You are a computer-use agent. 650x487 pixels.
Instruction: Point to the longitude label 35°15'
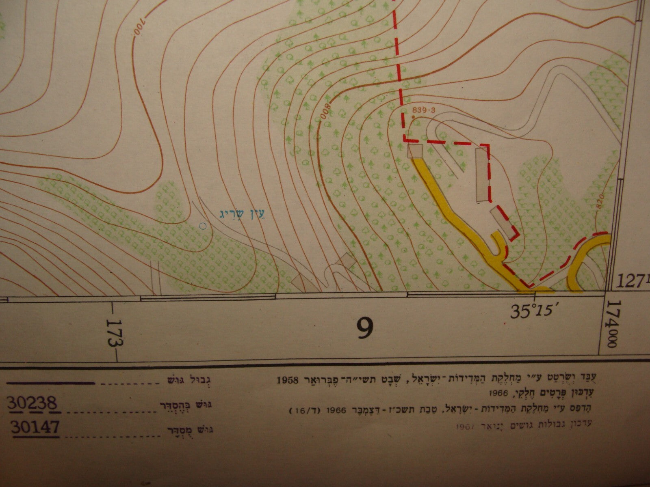(x=533, y=312)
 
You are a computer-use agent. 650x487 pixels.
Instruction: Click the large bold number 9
(x=365, y=328)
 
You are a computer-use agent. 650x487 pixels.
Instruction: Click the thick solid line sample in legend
(x=51, y=382)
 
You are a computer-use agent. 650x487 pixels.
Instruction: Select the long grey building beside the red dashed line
(x=482, y=175)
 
